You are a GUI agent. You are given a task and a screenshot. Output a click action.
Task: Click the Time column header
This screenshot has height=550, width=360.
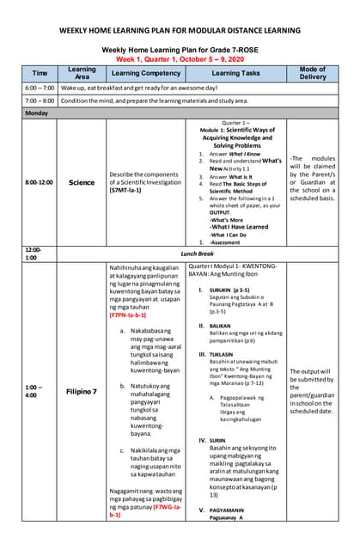[x=40, y=73]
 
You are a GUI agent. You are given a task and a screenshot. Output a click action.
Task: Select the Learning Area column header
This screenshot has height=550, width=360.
[x=82, y=73]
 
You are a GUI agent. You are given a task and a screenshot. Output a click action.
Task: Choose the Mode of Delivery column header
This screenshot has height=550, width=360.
[x=313, y=73]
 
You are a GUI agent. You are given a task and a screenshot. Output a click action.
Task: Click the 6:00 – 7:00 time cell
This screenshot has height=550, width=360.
[x=40, y=89]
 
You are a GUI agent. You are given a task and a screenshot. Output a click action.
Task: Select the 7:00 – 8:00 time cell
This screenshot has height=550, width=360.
[x=40, y=101]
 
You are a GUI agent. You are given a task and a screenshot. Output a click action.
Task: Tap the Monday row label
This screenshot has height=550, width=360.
[x=37, y=113]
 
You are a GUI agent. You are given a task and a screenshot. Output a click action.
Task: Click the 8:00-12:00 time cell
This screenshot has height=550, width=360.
[x=39, y=182]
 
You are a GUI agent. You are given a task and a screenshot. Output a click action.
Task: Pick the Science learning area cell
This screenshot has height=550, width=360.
[x=82, y=182]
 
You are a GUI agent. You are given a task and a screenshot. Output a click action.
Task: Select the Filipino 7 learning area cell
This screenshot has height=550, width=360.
[x=82, y=391]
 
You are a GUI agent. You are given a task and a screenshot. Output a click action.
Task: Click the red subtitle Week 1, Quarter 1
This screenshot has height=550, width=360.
[x=180, y=59]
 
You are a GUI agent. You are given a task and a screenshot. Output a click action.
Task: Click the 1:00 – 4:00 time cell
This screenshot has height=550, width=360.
[x=39, y=391]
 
